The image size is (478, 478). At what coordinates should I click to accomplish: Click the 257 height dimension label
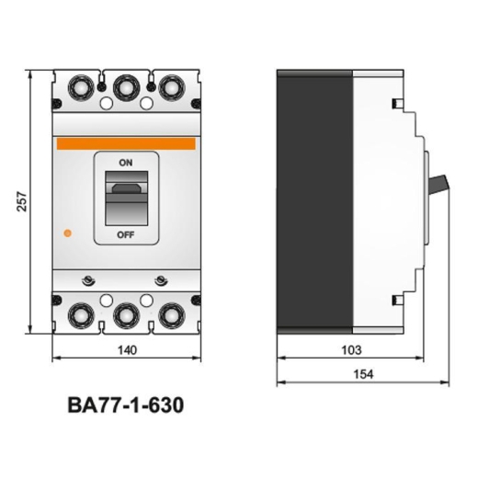(x=22, y=201)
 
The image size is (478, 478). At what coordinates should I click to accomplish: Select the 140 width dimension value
(x=127, y=350)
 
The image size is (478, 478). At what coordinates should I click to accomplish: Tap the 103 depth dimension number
(x=351, y=350)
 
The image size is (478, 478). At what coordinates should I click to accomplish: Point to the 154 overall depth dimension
(x=363, y=374)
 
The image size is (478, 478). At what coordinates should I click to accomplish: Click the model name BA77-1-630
(x=126, y=405)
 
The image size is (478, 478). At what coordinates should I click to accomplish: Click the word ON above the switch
(x=126, y=163)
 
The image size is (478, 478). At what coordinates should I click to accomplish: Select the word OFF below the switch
(x=126, y=235)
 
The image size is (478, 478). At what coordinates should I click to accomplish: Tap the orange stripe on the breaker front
(x=126, y=143)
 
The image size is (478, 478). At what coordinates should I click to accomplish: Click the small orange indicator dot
(x=67, y=233)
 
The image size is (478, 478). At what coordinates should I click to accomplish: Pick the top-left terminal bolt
(x=81, y=87)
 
